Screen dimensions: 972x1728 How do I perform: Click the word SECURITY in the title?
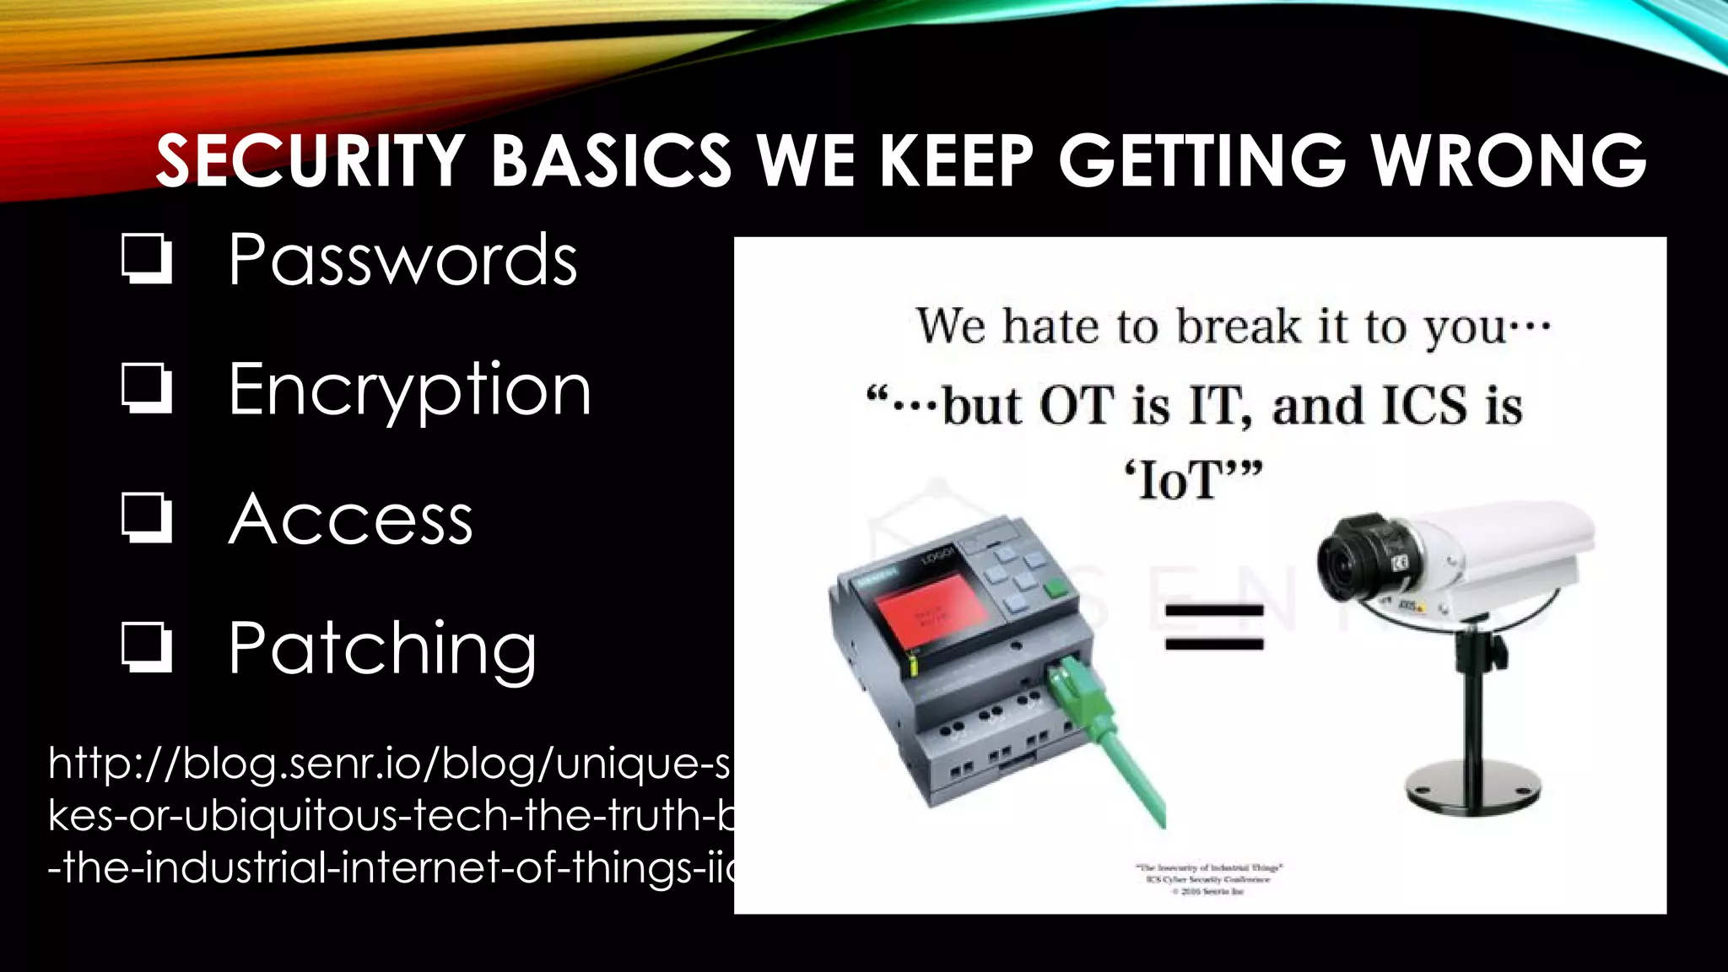(310, 160)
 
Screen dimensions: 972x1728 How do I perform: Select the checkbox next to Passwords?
(147, 259)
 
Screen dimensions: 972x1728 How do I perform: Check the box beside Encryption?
(147, 389)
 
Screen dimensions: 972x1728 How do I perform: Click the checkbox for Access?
(147, 518)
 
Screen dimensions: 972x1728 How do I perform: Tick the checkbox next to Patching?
(147, 648)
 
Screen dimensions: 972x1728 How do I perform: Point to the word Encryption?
(410, 389)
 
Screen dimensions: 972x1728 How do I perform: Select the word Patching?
(382, 648)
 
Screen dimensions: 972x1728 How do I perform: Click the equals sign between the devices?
(1214, 627)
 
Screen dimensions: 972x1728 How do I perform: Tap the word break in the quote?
(1238, 327)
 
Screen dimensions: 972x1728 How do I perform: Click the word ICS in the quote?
(1424, 406)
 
